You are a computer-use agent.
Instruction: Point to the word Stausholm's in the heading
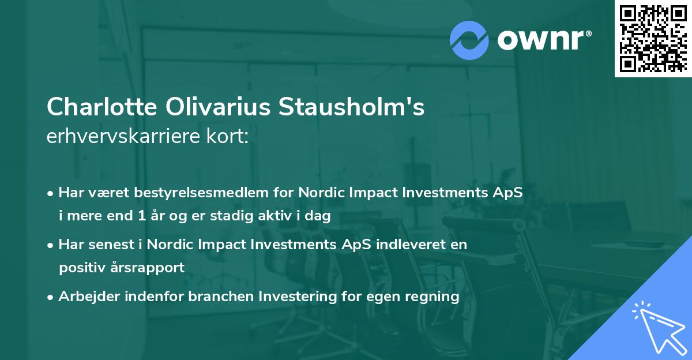[x=352, y=108]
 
